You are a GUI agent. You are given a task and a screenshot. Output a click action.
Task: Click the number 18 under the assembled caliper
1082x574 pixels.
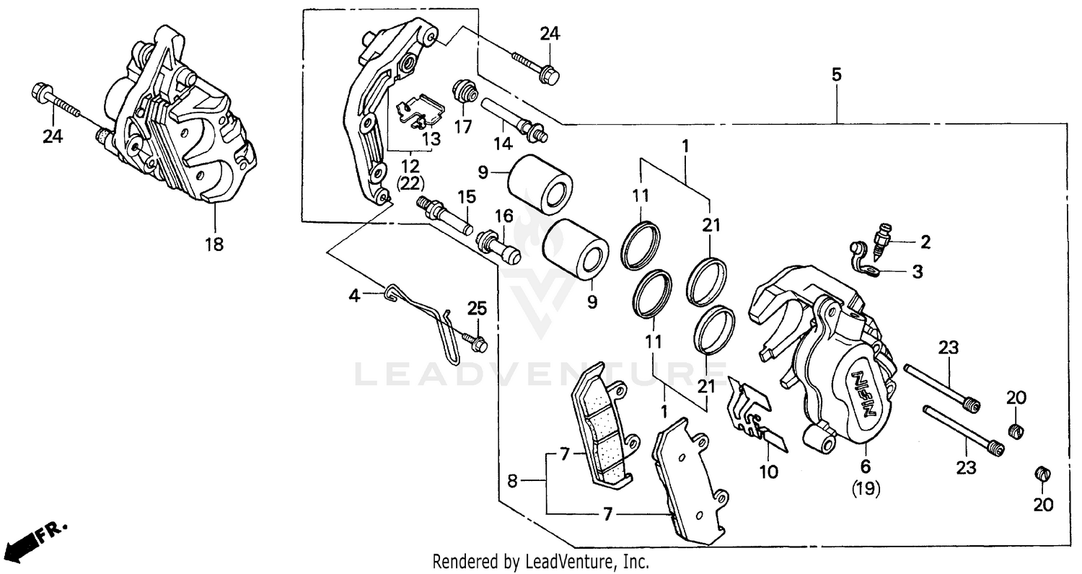click(x=214, y=244)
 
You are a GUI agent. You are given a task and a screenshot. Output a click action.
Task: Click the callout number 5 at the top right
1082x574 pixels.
click(x=836, y=74)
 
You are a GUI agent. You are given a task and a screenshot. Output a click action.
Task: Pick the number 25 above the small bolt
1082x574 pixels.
click(x=477, y=309)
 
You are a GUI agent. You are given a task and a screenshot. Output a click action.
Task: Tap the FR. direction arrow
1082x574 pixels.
click(x=32, y=537)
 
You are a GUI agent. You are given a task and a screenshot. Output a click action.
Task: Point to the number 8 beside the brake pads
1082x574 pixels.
click(x=512, y=481)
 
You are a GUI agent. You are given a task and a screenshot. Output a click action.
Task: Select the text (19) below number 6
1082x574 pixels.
click(x=866, y=490)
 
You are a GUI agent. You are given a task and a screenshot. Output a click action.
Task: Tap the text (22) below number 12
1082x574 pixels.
click(x=410, y=183)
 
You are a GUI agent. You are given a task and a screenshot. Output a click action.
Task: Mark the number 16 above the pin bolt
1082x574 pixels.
click(x=503, y=215)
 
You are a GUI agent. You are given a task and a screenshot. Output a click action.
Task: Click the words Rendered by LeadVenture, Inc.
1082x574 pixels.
click(x=541, y=561)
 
